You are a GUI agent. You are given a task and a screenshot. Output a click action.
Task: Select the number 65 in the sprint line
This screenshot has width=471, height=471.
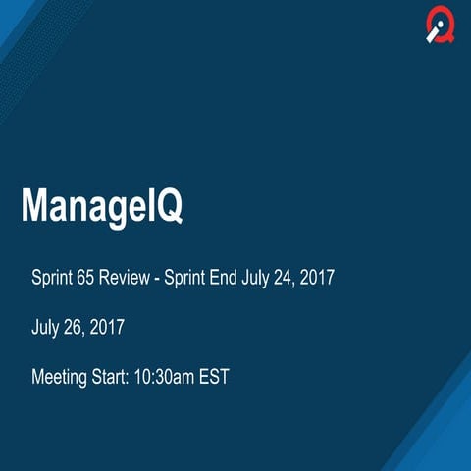coord(85,278)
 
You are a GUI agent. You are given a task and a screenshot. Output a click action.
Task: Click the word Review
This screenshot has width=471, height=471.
coord(125,278)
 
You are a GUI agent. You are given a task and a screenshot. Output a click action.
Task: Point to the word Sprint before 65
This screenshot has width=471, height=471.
coord(52,279)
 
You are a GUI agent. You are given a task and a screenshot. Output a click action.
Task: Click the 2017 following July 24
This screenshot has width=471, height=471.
coord(319,278)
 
